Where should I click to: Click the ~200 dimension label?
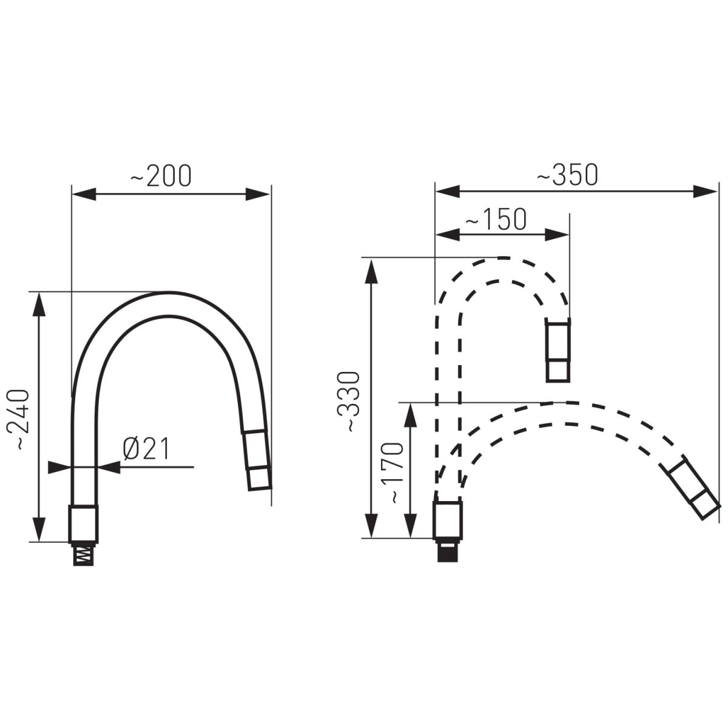[x=161, y=176]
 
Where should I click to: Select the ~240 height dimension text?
[x=18, y=420]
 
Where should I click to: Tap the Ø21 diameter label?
[x=147, y=449]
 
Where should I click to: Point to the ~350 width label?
[x=568, y=174]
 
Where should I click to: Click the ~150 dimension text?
[x=496, y=219]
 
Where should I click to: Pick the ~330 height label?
[x=348, y=402]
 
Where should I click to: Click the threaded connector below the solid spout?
[x=83, y=555]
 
